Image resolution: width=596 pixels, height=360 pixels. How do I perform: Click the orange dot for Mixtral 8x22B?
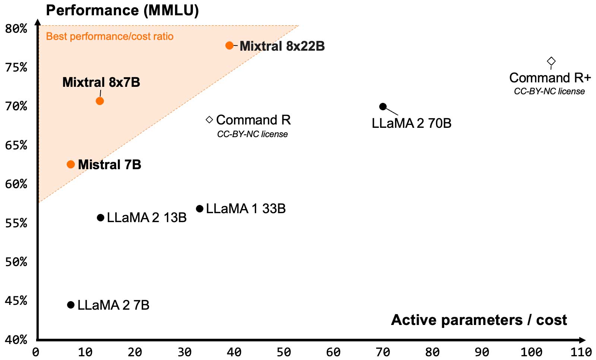tap(229, 45)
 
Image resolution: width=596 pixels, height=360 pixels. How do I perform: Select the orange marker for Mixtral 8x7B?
tap(100, 101)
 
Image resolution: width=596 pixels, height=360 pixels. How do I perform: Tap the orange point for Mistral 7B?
tap(71, 165)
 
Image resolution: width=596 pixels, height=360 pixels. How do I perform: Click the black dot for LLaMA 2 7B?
tap(71, 305)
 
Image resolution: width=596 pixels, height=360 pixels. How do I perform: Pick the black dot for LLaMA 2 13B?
tap(101, 218)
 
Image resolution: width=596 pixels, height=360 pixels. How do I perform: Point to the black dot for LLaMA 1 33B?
tap(200, 209)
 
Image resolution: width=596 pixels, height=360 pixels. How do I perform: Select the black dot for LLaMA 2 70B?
tap(383, 107)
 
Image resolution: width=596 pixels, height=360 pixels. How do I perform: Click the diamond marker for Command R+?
tap(551, 61)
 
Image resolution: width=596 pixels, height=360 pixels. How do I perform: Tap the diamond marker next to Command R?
tap(209, 120)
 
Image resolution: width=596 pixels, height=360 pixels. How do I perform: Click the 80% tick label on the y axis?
tap(16, 29)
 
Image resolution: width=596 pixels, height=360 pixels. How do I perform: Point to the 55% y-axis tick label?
tap(16, 223)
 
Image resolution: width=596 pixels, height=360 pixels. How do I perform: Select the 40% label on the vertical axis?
tap(16, 340)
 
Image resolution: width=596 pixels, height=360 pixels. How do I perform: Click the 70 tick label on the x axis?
tap(383, 353)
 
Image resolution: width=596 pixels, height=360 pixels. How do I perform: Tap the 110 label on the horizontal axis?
tap(581, 353)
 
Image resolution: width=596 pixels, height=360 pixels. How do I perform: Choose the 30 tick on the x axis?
tap(185, 353)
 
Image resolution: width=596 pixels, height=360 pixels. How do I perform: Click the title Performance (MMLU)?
tap(123, 11)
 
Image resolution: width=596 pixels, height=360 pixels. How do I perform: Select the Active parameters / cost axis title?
tap(479, 320)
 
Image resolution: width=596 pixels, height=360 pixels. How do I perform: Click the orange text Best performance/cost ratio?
tap(110, 37)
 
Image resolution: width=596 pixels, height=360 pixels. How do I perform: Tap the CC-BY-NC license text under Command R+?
tap(549, 91)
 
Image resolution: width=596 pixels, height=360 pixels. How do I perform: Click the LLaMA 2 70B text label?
tap(412, 123)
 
